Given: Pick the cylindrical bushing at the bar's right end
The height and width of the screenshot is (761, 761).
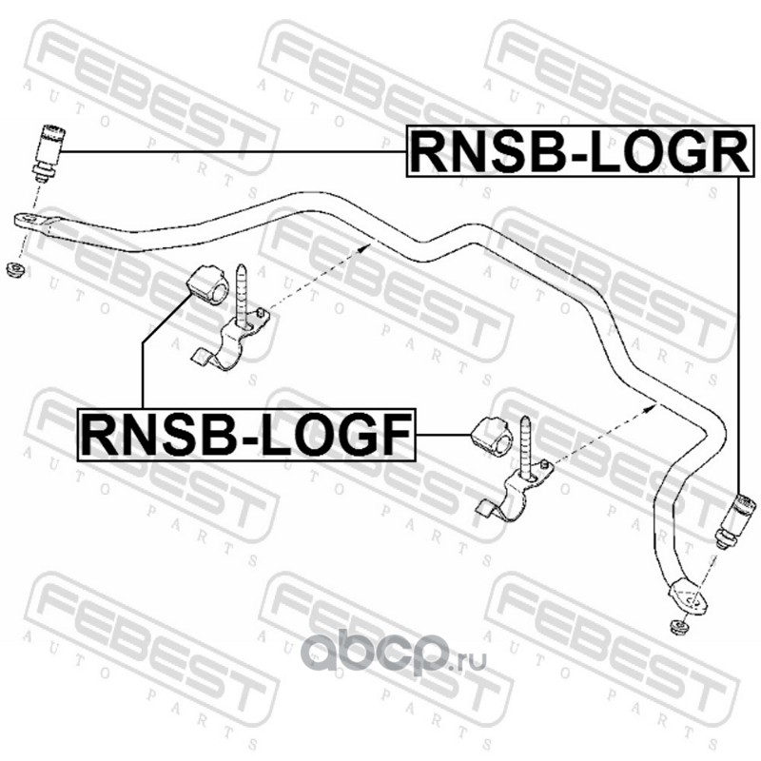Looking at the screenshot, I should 740,518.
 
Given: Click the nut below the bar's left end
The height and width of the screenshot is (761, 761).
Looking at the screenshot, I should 13,271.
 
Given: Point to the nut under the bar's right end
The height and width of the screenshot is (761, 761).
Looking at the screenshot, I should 679,628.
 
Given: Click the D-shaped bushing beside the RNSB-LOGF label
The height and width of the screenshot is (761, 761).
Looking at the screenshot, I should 492,435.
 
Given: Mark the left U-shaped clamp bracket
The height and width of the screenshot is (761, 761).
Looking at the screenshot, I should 228,342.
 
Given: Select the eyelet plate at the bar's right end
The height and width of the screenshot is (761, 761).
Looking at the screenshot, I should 687,596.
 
